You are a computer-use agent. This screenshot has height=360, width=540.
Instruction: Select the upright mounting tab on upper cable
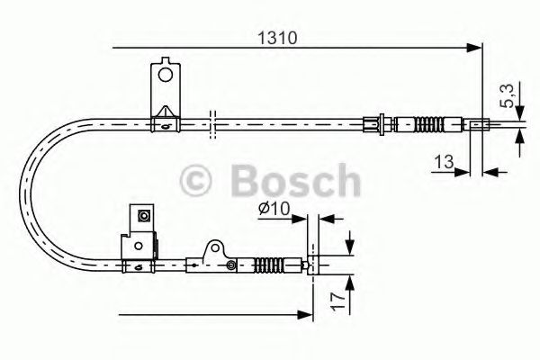pos(164,82)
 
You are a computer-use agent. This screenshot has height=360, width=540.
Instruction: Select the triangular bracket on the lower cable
pos(214,251)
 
